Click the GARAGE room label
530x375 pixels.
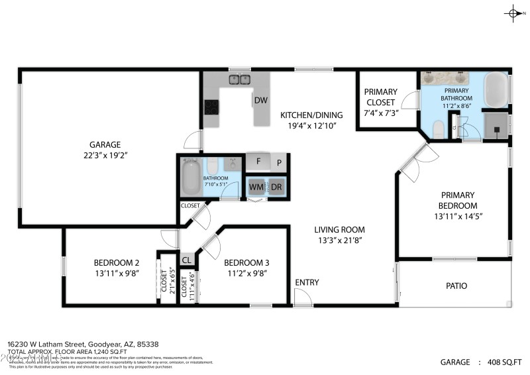105,144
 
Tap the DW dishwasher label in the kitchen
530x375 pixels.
260,101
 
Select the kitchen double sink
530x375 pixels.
239,80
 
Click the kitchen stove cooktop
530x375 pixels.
212,107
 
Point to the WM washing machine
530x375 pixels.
256,187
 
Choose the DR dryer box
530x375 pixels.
276,187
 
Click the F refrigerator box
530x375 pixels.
258,161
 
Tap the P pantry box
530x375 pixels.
280,162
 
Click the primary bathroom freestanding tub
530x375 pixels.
496,89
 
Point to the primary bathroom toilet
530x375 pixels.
437,128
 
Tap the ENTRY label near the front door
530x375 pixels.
307,282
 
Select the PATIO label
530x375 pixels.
456,286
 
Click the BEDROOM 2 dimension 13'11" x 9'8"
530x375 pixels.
116,272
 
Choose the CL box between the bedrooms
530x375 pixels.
187,260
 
